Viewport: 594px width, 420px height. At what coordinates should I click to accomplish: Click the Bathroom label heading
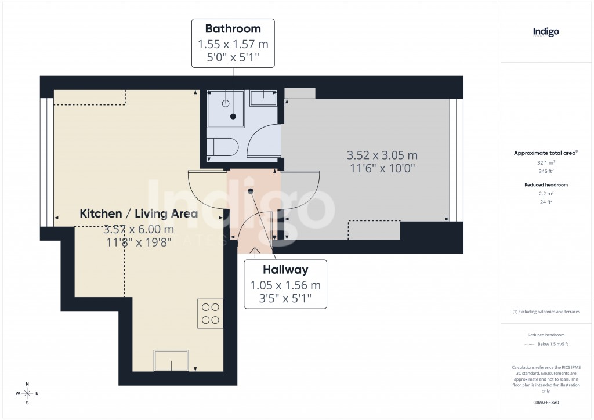(233, 28)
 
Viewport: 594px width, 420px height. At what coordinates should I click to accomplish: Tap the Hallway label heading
(285, 270)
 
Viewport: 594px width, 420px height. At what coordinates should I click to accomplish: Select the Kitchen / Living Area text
(139, 213)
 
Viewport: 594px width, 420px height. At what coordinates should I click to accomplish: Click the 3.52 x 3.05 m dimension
(382, 155)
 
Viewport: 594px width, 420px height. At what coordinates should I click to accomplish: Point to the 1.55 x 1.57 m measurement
(233, 44)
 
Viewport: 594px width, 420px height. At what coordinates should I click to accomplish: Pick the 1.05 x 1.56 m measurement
(285, 285)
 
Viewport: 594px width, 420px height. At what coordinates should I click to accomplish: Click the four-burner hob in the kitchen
(210, 313)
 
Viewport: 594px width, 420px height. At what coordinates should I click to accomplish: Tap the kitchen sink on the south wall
(171, 360)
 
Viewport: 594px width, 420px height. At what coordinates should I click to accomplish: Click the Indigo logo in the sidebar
(546, 32)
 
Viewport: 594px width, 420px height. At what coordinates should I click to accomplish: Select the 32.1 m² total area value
(546, 164)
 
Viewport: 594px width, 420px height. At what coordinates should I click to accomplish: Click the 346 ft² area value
(546, 172)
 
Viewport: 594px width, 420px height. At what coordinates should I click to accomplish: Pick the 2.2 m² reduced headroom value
(546, 194)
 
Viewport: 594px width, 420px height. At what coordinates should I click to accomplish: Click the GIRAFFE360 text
(546, 403)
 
